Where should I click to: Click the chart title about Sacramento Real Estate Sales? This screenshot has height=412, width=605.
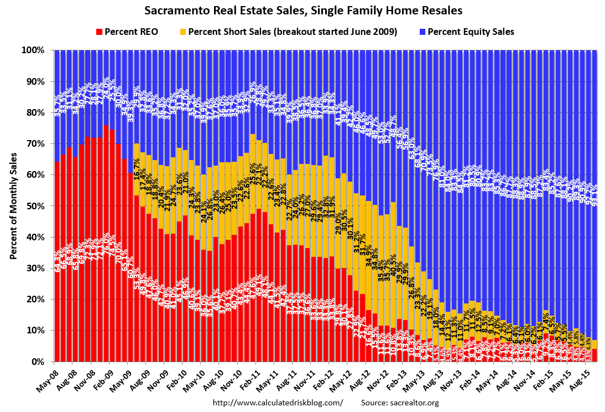coord(303,11)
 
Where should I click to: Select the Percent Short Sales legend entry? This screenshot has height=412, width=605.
coord(288,32)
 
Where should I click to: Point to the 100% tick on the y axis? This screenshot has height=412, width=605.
coord(34,50)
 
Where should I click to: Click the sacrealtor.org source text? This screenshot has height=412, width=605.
coord(400,403)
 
